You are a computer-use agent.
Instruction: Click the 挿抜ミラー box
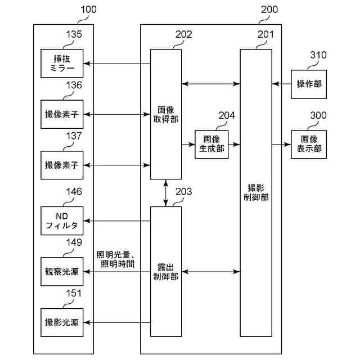point(62,64)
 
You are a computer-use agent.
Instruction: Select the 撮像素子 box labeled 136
point(62,114)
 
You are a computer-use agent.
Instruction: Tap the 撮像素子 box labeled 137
point(62,165)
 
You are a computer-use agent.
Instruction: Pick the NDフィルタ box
point(62,221)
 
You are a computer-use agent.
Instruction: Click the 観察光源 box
point(62,272)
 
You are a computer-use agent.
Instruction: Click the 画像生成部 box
point(211,144)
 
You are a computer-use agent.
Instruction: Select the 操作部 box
point(309,84)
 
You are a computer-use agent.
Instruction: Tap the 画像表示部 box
point(309,144)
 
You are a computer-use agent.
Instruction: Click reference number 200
point(269,10)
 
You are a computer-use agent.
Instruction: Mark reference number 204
point(227,116)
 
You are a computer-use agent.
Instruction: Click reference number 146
point(74,192)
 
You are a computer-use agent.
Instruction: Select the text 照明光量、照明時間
point(115,259)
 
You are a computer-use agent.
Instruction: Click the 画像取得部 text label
point(165,115)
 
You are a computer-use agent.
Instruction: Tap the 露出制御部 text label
point(165,272)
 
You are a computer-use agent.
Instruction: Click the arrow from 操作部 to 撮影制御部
point(281,84)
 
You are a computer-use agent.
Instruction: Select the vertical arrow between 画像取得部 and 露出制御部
point(166,193)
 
